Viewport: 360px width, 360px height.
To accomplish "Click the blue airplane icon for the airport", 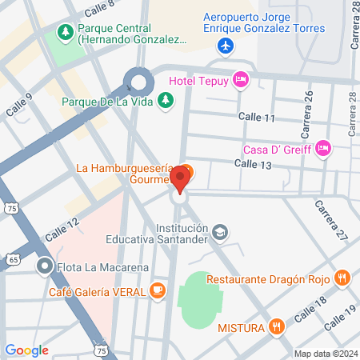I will tap(226, 46).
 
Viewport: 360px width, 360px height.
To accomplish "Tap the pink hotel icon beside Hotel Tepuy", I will tap(239, 78).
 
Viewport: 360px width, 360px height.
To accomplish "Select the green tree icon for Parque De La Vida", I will tap(165, 100).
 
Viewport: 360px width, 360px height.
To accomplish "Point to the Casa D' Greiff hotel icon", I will tap(322, 147).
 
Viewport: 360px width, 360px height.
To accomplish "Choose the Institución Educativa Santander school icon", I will tap(219, 233).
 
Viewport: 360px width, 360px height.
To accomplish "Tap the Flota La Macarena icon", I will tap(45, 266).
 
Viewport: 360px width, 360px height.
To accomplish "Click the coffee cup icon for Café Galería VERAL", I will tap(158, 291).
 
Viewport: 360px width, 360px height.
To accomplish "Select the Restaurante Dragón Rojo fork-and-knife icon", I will tap(342, 278).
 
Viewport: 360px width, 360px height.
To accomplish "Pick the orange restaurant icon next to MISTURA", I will tap(276, 326).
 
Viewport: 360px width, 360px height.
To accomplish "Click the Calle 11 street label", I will tap(259, 118).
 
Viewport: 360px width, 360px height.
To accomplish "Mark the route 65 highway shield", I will tap(13, 260).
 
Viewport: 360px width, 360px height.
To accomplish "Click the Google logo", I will tap(26, 350).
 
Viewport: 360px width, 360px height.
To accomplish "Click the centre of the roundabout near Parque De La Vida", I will tap(139, 82).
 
